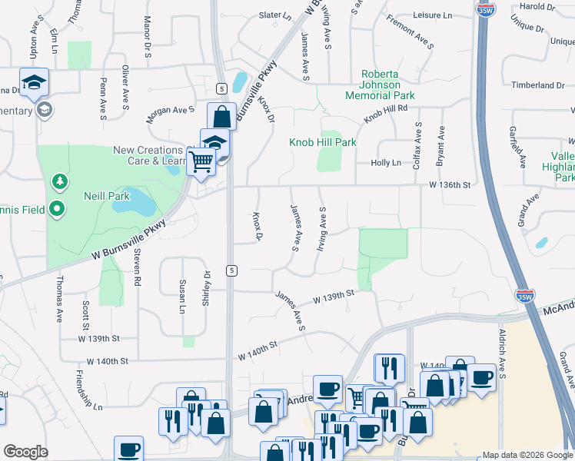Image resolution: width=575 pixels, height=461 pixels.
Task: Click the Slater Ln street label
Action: (x=276, y=15)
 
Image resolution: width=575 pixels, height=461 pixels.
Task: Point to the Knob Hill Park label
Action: (x=322, y=142)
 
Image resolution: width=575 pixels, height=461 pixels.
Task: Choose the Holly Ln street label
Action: (x=386, y=163)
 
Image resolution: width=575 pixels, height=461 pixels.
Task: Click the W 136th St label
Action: (x=449, y=184)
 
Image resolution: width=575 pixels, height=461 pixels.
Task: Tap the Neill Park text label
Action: (x=107, y=197)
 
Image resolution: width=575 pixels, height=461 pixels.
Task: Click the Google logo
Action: (x=25, y=452)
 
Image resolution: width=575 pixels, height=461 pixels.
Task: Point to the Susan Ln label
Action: (x=182, y=297)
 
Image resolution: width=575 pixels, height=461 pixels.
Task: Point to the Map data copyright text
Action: (x=526, y=455)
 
